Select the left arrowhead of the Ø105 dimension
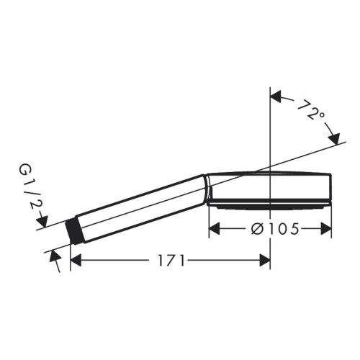coord(214,229)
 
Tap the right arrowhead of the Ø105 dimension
coord(326,229)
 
